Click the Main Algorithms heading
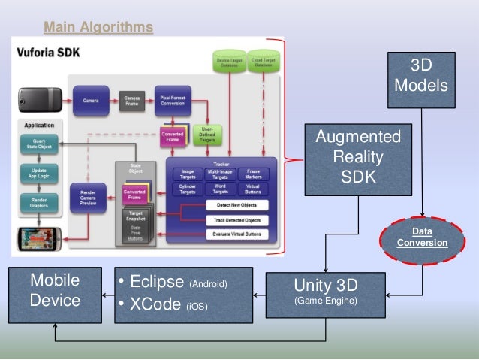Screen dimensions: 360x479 pyautogui.click(x=98, y=28)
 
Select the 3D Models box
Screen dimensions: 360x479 pyautogui.click(x=421, y=75)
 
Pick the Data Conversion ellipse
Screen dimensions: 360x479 pyautogui.click(x=421, y=237)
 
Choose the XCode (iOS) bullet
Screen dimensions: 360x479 pyautogui.click(x=163, y=305)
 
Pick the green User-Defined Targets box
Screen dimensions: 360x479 pyautogui.click(x=207, y=134)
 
